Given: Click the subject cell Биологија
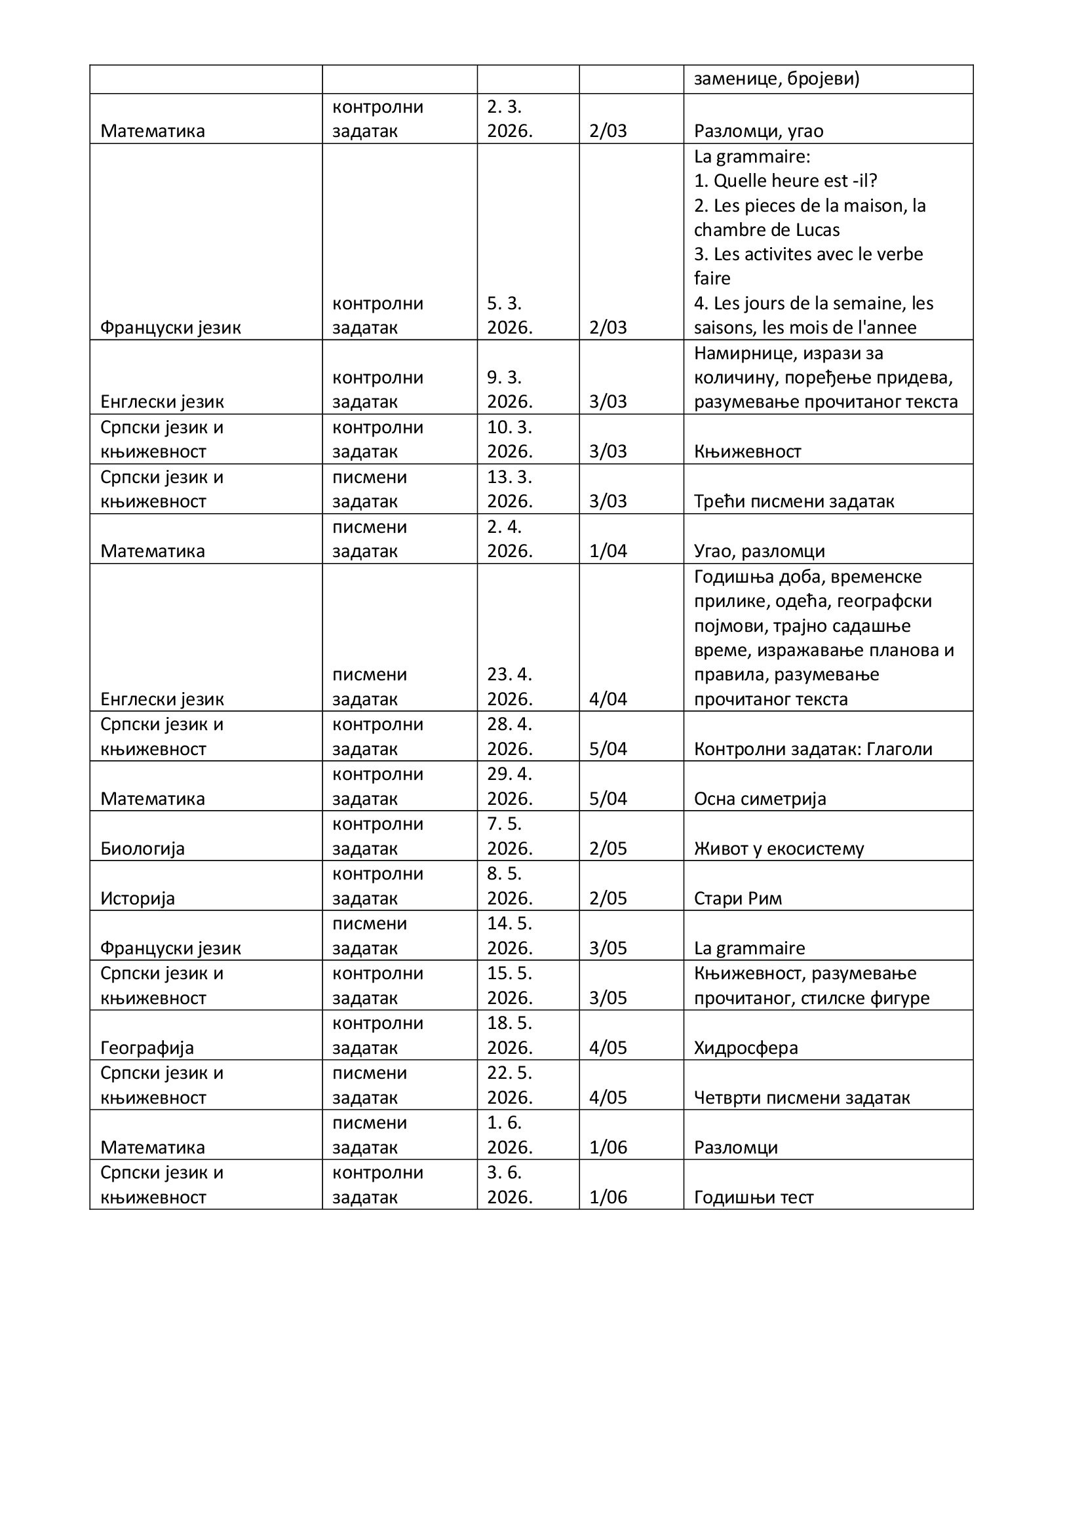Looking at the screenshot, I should (x=142, y=849).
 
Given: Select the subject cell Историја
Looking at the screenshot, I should (x=138, y=898).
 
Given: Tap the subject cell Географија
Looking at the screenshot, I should (x=147, y=1047).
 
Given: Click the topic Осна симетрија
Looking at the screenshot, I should (x=760, y=798).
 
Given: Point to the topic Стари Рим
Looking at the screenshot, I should (x=737, y=898).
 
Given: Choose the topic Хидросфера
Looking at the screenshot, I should (x=746, y=1047).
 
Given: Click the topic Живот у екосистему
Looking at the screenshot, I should (x=779, y=849).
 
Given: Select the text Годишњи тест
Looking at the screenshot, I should (x=754, y=1197).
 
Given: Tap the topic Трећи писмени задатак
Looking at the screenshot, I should (x=794, y=501).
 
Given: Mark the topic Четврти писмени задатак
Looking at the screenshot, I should (x=802, y=1098).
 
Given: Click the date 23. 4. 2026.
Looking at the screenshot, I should (x=510, y=687).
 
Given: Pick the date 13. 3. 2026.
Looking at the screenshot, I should (x=510, y=490).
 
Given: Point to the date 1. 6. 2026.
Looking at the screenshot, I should (x=510, y=1135).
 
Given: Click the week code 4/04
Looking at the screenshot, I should (x=608, y=699).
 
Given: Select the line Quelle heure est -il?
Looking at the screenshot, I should (x=786, y=181).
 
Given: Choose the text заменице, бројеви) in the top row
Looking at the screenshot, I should (x=776, y=79).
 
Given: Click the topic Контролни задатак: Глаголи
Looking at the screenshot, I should (x=813, y=749).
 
